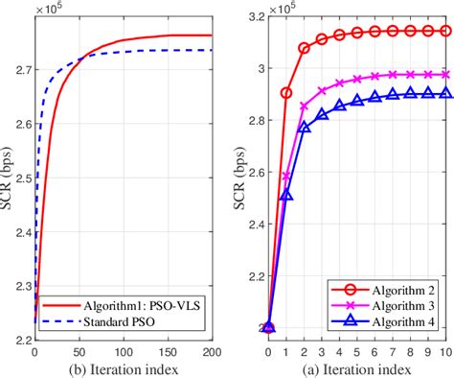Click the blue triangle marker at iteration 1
pyautogui.click(x=286, y=195)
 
